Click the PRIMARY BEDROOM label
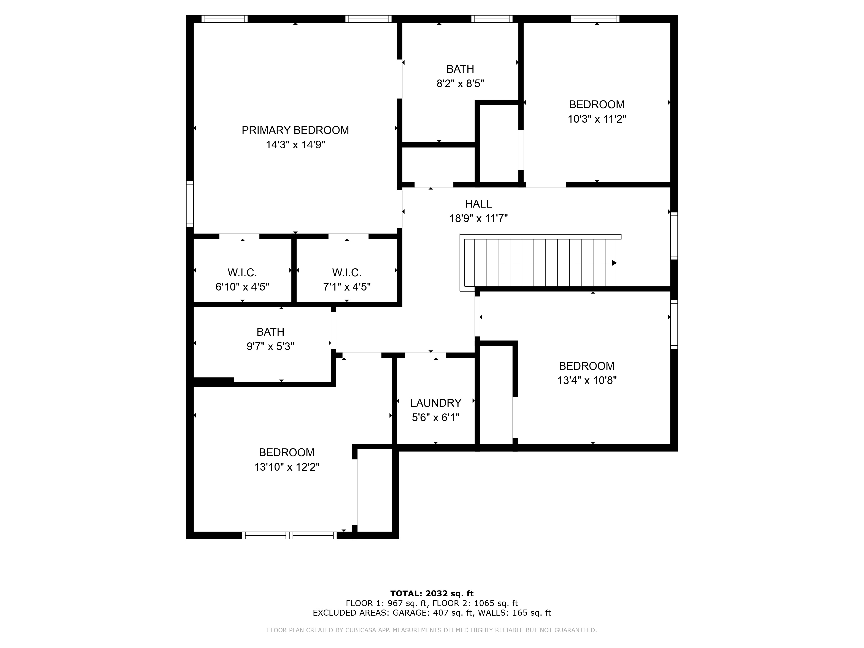pos(295,130)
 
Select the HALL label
pos(478,204)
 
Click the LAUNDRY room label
pos(435,403)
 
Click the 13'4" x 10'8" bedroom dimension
pos(587,380)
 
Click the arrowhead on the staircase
pos(614,263)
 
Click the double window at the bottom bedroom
pos(289,535)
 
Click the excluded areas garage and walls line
pos(432,613)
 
